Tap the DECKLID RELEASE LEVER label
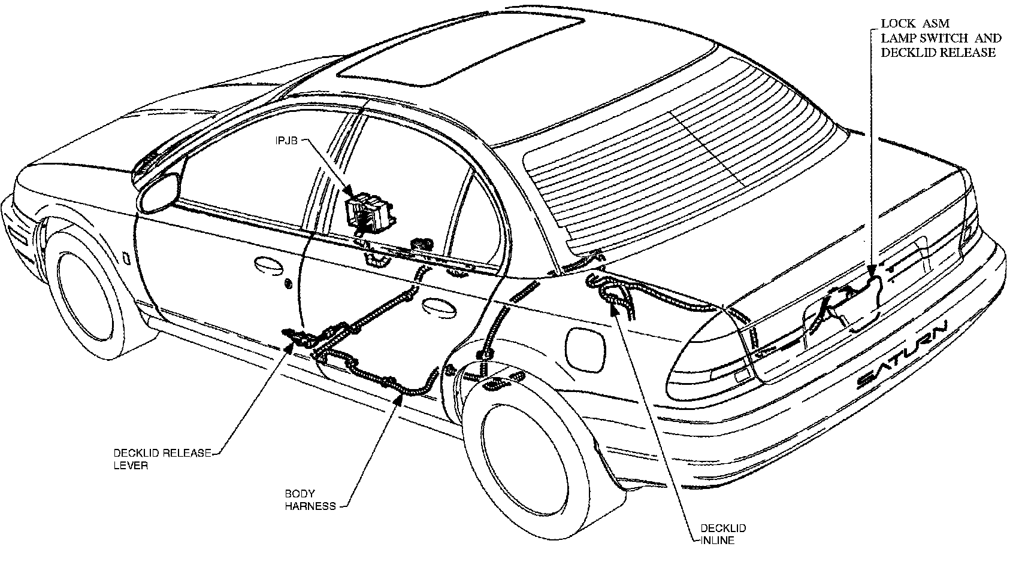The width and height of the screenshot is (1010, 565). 162,459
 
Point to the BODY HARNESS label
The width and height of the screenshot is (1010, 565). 310,500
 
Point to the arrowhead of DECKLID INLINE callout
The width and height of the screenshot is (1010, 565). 615,306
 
